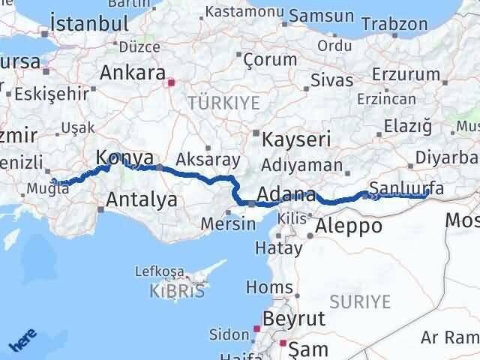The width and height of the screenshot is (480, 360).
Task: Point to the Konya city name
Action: click(x=125, y=157)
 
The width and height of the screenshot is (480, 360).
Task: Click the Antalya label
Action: click(x=142, y=199)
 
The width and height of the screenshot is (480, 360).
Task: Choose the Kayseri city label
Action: click(x=292, y=139)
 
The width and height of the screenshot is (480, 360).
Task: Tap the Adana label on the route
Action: click(x=287, y=196)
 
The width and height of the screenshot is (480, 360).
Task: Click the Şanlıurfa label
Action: click(x=408, y=188)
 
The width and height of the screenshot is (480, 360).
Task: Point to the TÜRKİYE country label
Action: click(x=223, y=102)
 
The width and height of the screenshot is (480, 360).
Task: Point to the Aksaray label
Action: click(x=208, y=160)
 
